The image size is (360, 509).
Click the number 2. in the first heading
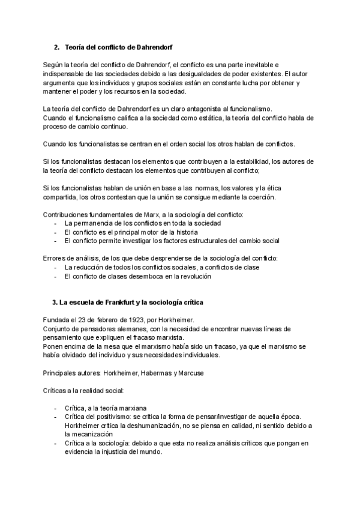(x=57, y=46)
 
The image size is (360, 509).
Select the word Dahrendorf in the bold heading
(x=154, y=46)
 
